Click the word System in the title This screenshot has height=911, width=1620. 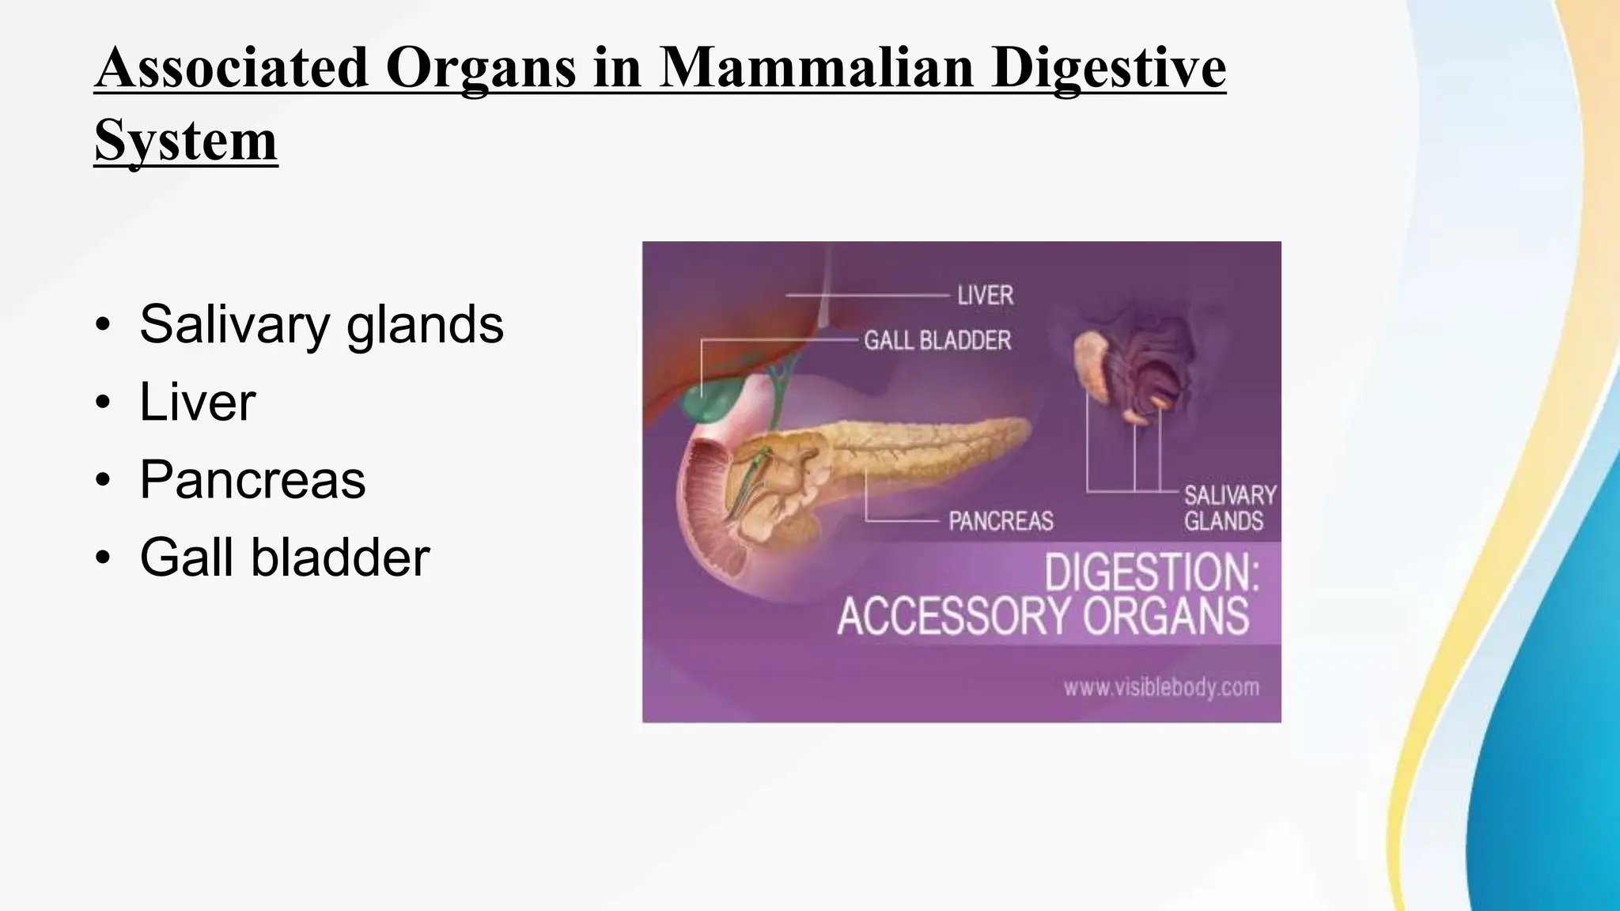pyautogui.click(x=186, y=141)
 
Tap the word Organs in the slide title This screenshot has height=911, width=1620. pyautogui.click(x=481, y=68)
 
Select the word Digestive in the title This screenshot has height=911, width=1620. pyautogui.click(x=1108, y=68)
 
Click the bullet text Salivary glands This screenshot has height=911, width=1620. pyautogui.click(x=321, y=324)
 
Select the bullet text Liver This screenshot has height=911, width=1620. pyautogui.click(x=197, y=402)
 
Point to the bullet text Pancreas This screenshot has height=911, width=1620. pyautogui.click(x=252, y=479)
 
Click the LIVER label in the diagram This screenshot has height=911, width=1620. pyautogui.click(x=985, y=296)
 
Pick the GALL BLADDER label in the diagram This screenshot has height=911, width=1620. pyautogui.click(x=937, y=341)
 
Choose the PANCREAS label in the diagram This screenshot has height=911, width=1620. pyautogui.click(x=1001, y=521)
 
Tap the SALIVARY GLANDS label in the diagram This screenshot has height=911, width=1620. pyautogui.click(x=1229, y=508)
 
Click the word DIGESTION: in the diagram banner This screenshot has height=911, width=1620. pyautogui.click(x=1151, y=573)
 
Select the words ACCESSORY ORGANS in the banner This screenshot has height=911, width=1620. pyautogui.click(x=1043, y=617)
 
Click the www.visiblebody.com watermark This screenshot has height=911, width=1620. pyautogui.click(x=1160, y=687)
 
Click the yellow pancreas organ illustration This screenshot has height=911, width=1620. pyautogui.click(x=910, y=447)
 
